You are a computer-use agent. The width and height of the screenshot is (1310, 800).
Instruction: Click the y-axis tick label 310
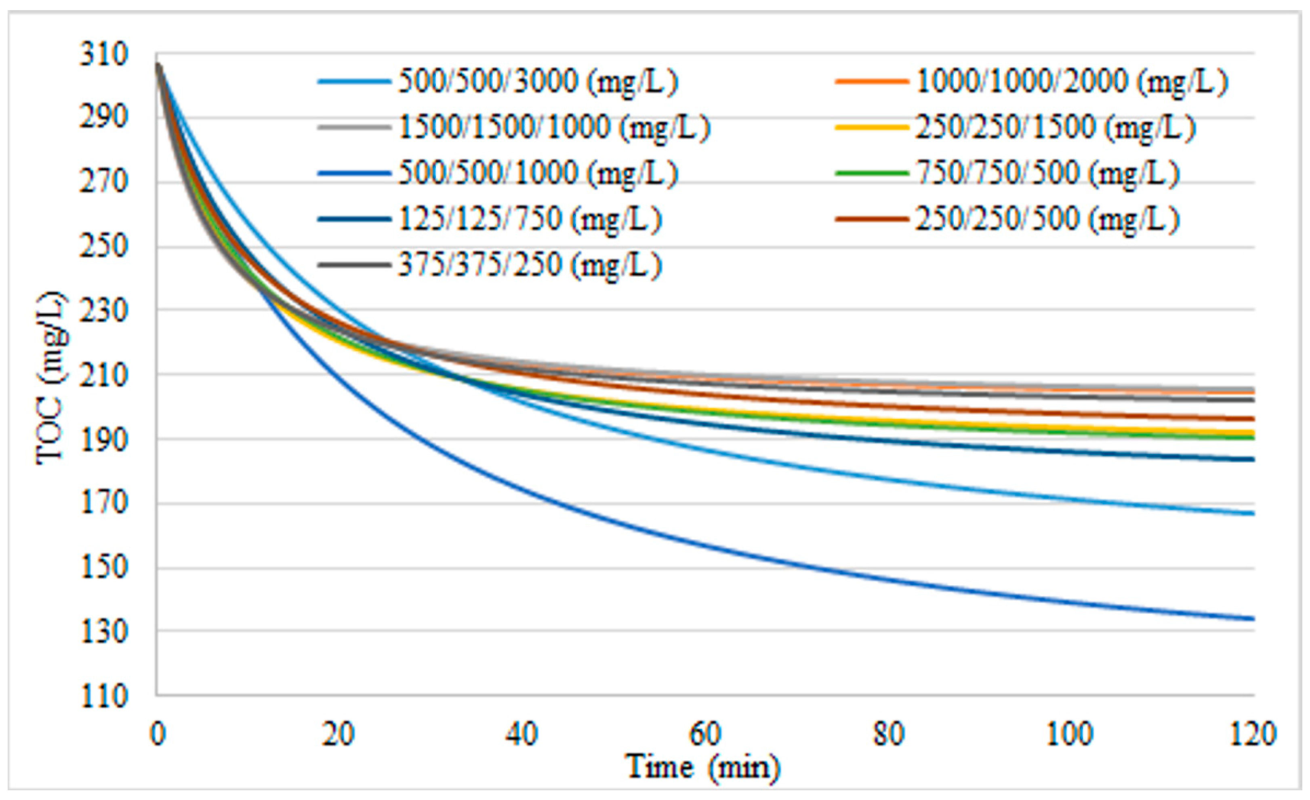[x=104, y=54]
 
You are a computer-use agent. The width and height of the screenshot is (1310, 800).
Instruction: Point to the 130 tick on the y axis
[x=104, y=632]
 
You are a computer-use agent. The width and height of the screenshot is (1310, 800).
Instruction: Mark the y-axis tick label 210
[x=104, y=375]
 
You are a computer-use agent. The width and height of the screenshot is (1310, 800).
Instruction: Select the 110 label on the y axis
[x=104, y=696]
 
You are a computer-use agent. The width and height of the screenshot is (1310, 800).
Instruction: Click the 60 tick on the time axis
[x=705, y=734]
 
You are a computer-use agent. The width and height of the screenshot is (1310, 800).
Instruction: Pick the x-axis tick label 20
[x=339, y=734]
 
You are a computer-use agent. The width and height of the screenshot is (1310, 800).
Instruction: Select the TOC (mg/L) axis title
[x=52, y=378]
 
